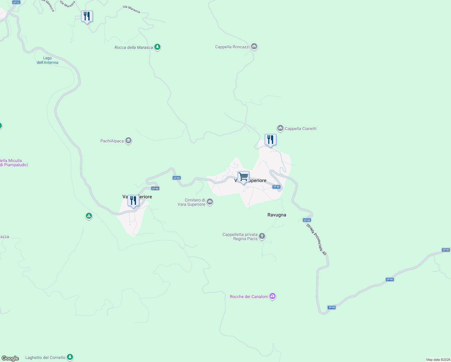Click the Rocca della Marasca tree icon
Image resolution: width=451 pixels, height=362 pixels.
[x=157, y=47]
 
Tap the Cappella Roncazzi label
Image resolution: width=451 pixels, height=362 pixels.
[x=232, y=47]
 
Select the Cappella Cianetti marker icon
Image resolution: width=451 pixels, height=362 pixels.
[x=280, y=129]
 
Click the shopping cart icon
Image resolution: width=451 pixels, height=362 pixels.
[x=243, y=176]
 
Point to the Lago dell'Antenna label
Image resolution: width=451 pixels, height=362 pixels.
[x=47, y=60]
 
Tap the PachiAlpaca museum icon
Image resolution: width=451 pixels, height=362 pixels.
[x=129, y=141]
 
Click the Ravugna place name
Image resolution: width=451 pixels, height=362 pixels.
[x=276, y=215]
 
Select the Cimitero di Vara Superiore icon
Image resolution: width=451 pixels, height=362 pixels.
[x=210, y=202]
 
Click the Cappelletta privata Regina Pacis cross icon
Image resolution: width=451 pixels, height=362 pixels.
[x=262, y=236]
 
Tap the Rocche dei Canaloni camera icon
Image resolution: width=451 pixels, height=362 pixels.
[x=273, y=296]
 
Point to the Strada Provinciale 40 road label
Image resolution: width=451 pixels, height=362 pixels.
[x=316, y=239]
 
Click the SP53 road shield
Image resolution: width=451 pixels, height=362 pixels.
[x=16, y=2]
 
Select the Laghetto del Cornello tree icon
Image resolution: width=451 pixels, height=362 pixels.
[x=70, y=357]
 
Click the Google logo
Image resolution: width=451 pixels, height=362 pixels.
[x=10, y=358]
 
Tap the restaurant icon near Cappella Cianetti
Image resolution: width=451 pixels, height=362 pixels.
[x=270, y=140]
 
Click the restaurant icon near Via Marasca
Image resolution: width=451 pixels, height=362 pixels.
[x=87, y=16]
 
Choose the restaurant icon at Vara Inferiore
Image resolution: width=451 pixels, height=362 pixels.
[x=133, y=201]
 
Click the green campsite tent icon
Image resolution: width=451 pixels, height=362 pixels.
[x=89, y=216]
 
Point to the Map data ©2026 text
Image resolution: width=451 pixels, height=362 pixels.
[x=438, y=360]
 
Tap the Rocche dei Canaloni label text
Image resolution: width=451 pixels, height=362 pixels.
[x=249, y=297]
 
